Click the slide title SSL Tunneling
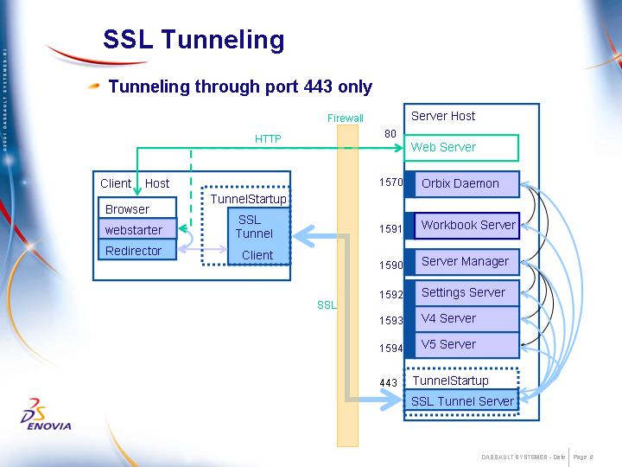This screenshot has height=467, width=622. coord(194,40)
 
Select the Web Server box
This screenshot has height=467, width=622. coord(462,148)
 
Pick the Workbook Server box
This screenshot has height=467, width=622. coord(467,225)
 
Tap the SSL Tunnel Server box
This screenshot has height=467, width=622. coord(462,400)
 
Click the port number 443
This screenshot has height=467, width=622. coord(388,382)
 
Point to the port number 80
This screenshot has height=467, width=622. coord(390,134)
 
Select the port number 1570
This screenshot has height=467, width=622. coord(390,182)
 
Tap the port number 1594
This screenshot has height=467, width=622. coord(390,349)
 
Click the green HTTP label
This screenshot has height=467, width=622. coord(268,139)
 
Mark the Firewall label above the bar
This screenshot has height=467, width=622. coord(346,118)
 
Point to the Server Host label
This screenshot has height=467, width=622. coord(443,116)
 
